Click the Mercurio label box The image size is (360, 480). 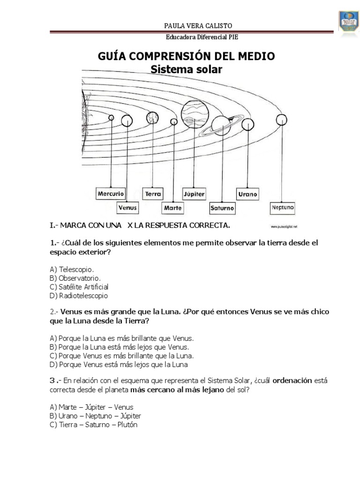pyautogui.click(x=111, y=193)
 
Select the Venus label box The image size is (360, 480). pyautogui.click(x=127, y=206)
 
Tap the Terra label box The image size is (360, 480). pyautogui.click(x=153, y=193)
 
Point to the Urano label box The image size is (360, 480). pyautogui.click(x=247, y=193)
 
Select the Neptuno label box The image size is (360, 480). pyautogui.click(x=282, y=206)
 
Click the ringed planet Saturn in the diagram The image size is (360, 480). pyautogui.click(x=219, y=124)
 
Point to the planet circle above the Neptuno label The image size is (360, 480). pyautogui.click(x=281, y=121)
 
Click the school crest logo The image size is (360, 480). pyautogui.click(x=347, y=24)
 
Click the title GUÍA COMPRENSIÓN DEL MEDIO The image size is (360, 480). pyautogui.click(x=186, y=57)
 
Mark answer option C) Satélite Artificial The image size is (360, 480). pyautogui.click(x=79, y=286)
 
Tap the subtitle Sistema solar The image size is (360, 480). pyautogui.click(x=186, y=69)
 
